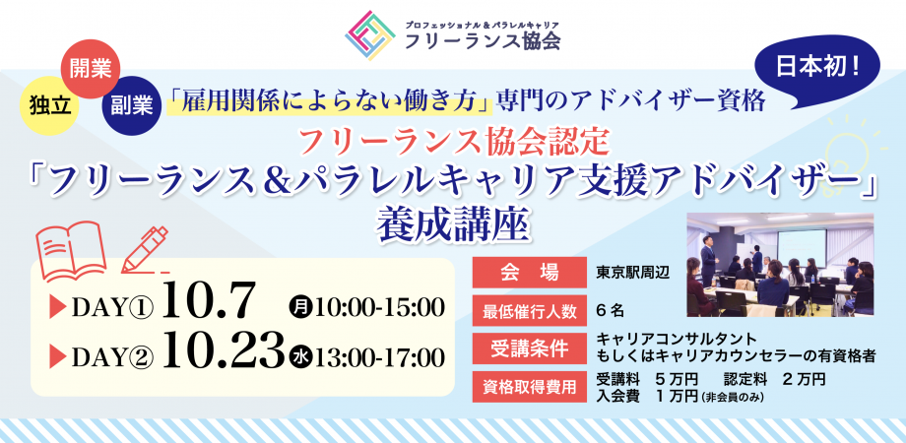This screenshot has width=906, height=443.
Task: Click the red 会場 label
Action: (527, 272)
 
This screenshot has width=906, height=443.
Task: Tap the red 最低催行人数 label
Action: (527, 309)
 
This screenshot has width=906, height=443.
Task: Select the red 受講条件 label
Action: (527, 347)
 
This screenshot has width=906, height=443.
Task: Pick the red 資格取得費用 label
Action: (527, 385)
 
